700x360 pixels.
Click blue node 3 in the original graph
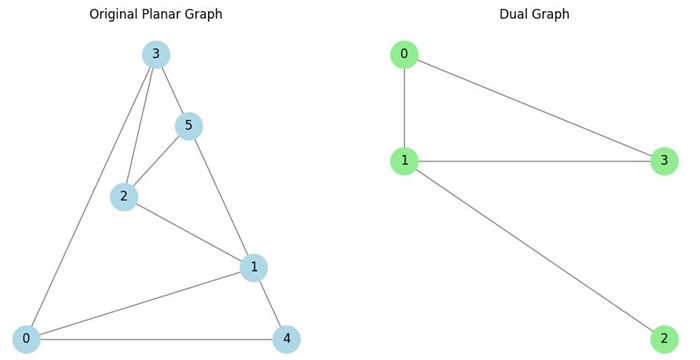[x=156, y=54]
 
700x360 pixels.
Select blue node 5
[x=189, y=126]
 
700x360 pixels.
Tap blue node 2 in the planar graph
[x=124, y=197]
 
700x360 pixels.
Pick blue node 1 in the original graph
[x=254, y=268]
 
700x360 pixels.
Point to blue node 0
[x=26, y=339]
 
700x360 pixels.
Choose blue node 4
[x=286, y=339]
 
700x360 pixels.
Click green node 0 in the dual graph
[x=404, y=54]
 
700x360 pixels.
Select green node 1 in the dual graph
[x=404, y=161]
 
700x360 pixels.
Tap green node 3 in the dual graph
[x=664, y=161]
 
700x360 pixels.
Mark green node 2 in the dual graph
[x=664, y=339]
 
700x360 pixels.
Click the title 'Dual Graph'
[x=534, y=14]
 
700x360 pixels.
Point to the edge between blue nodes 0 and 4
[x=156, y=339]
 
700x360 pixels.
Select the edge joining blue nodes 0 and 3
[x=91, y=197]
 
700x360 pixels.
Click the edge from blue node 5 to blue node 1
[x=221, y=197]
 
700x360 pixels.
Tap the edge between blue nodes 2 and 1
[x=189, y=232]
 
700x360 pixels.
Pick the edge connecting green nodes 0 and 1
[x=404, y=108]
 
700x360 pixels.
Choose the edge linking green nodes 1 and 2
[x=534, y=250]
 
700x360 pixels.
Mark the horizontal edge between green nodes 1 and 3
[x=534, y=161]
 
